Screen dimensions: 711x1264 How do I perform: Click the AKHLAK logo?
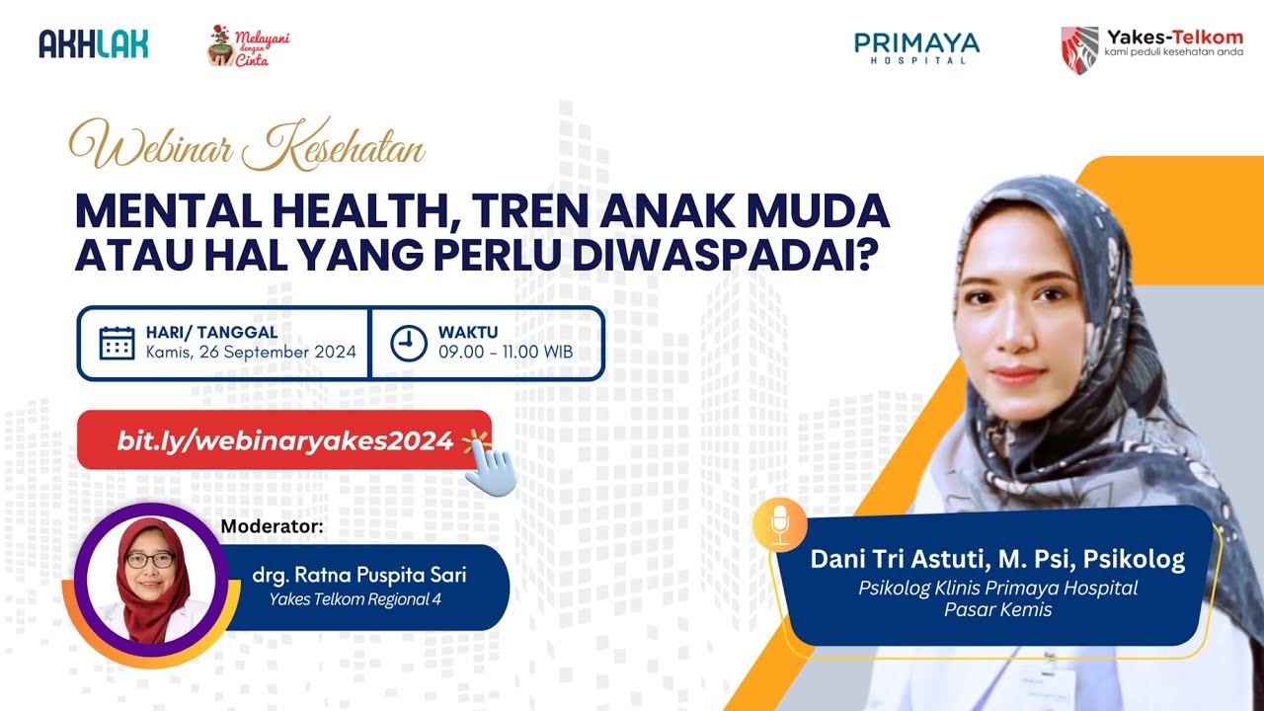click(94, 43)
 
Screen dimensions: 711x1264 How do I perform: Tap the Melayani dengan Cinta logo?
click(248, 45)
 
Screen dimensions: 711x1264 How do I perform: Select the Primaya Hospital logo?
click(916, 46)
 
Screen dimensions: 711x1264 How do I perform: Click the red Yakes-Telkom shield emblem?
click(1078, 49)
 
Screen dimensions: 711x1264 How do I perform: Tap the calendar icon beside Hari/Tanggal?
click(117, 343)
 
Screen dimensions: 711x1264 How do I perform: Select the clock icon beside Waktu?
click(409, 343)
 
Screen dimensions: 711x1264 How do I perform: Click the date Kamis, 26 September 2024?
click(251, 353)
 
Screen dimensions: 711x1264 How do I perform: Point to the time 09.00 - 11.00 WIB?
click(505, 353)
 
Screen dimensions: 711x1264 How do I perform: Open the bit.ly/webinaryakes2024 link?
click(284, 440)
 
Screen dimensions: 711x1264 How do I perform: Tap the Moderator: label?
click(272, 526)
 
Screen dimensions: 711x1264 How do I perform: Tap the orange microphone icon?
click(780, 523)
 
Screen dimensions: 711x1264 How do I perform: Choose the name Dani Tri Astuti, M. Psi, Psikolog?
click(997, 560)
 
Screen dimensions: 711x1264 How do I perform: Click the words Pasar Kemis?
click(997, 610)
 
